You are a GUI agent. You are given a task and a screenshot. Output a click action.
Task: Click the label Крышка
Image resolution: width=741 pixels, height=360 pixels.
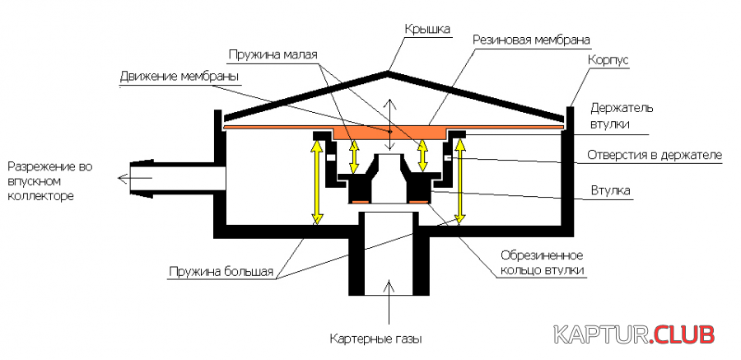(426, 30)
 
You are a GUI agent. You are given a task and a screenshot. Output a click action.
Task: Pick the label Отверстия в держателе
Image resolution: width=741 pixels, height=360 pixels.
(654, 155)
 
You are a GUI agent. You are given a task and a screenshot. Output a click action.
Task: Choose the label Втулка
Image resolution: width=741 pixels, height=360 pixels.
(610, 190)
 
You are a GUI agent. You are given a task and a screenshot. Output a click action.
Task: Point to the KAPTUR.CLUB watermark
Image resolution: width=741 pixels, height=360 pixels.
(634, 334)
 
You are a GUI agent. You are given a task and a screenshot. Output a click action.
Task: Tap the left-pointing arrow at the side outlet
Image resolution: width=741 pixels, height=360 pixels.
(123, 175)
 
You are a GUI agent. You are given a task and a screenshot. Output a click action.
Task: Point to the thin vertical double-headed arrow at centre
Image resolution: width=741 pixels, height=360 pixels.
(391, 124)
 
